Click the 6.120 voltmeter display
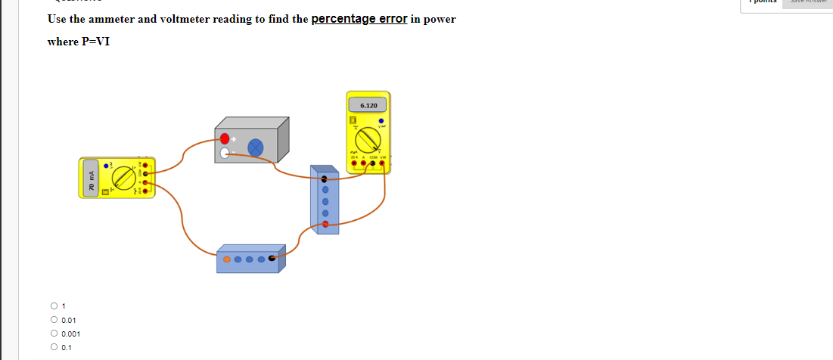pos(368,106)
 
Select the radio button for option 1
pos(54,306)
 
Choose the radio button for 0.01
pos(54,320)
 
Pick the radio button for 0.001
pos(54,334)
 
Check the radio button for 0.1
pos(54,347)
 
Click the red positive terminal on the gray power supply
pos(225,138)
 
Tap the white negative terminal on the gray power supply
pos(225,154)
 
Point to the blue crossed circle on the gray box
pos(256,147)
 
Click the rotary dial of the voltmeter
pos(368,141)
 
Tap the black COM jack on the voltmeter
pos(372,162)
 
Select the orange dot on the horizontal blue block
pos(226,259)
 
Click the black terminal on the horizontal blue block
pos(272,259)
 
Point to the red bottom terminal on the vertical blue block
pos(325,224)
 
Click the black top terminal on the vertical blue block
pos(325,179)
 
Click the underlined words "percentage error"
pos(359,19)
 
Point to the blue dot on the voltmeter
pos(381,119)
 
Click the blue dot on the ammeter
pos(107,166)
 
